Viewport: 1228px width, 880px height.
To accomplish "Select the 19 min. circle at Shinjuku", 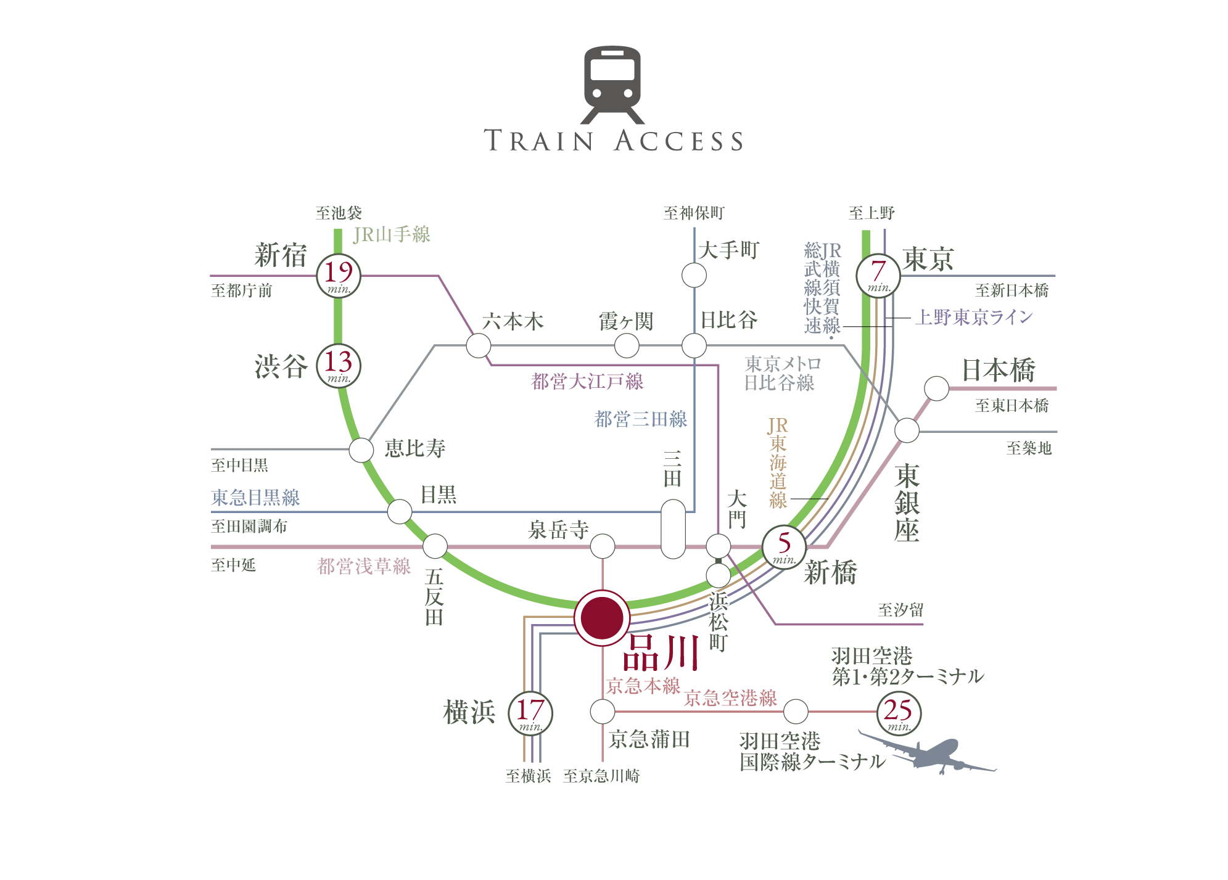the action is (339, 276).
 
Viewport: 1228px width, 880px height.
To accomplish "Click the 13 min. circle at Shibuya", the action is (339, 366).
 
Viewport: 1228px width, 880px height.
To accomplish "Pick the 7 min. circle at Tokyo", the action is (878, 275).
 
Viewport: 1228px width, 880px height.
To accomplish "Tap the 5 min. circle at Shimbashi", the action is (784, 547).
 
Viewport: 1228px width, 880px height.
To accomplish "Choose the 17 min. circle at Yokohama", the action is (530, 713).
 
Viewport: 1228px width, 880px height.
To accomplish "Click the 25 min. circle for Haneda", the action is (899, 713).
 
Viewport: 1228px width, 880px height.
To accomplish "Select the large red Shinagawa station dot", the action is (602, 618).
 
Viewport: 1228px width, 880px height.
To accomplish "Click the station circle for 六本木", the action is (479, 345).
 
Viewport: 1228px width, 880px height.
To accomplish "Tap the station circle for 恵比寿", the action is (361, 450).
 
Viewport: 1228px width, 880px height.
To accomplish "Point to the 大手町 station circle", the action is (694, 275).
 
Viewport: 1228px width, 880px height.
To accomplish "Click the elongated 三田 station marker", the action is (673, 529).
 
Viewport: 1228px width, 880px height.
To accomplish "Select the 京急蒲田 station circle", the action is (603, 712).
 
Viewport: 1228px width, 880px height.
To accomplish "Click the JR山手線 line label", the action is (392, 234).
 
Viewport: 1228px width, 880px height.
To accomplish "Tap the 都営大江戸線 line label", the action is (587, 381).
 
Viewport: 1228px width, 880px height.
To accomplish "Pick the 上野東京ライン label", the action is (974, 317).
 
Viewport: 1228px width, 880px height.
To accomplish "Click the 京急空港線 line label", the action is (730, 698).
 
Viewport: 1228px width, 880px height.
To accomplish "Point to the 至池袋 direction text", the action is (339, 213).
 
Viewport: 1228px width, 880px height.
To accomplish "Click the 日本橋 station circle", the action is (936, 389).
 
